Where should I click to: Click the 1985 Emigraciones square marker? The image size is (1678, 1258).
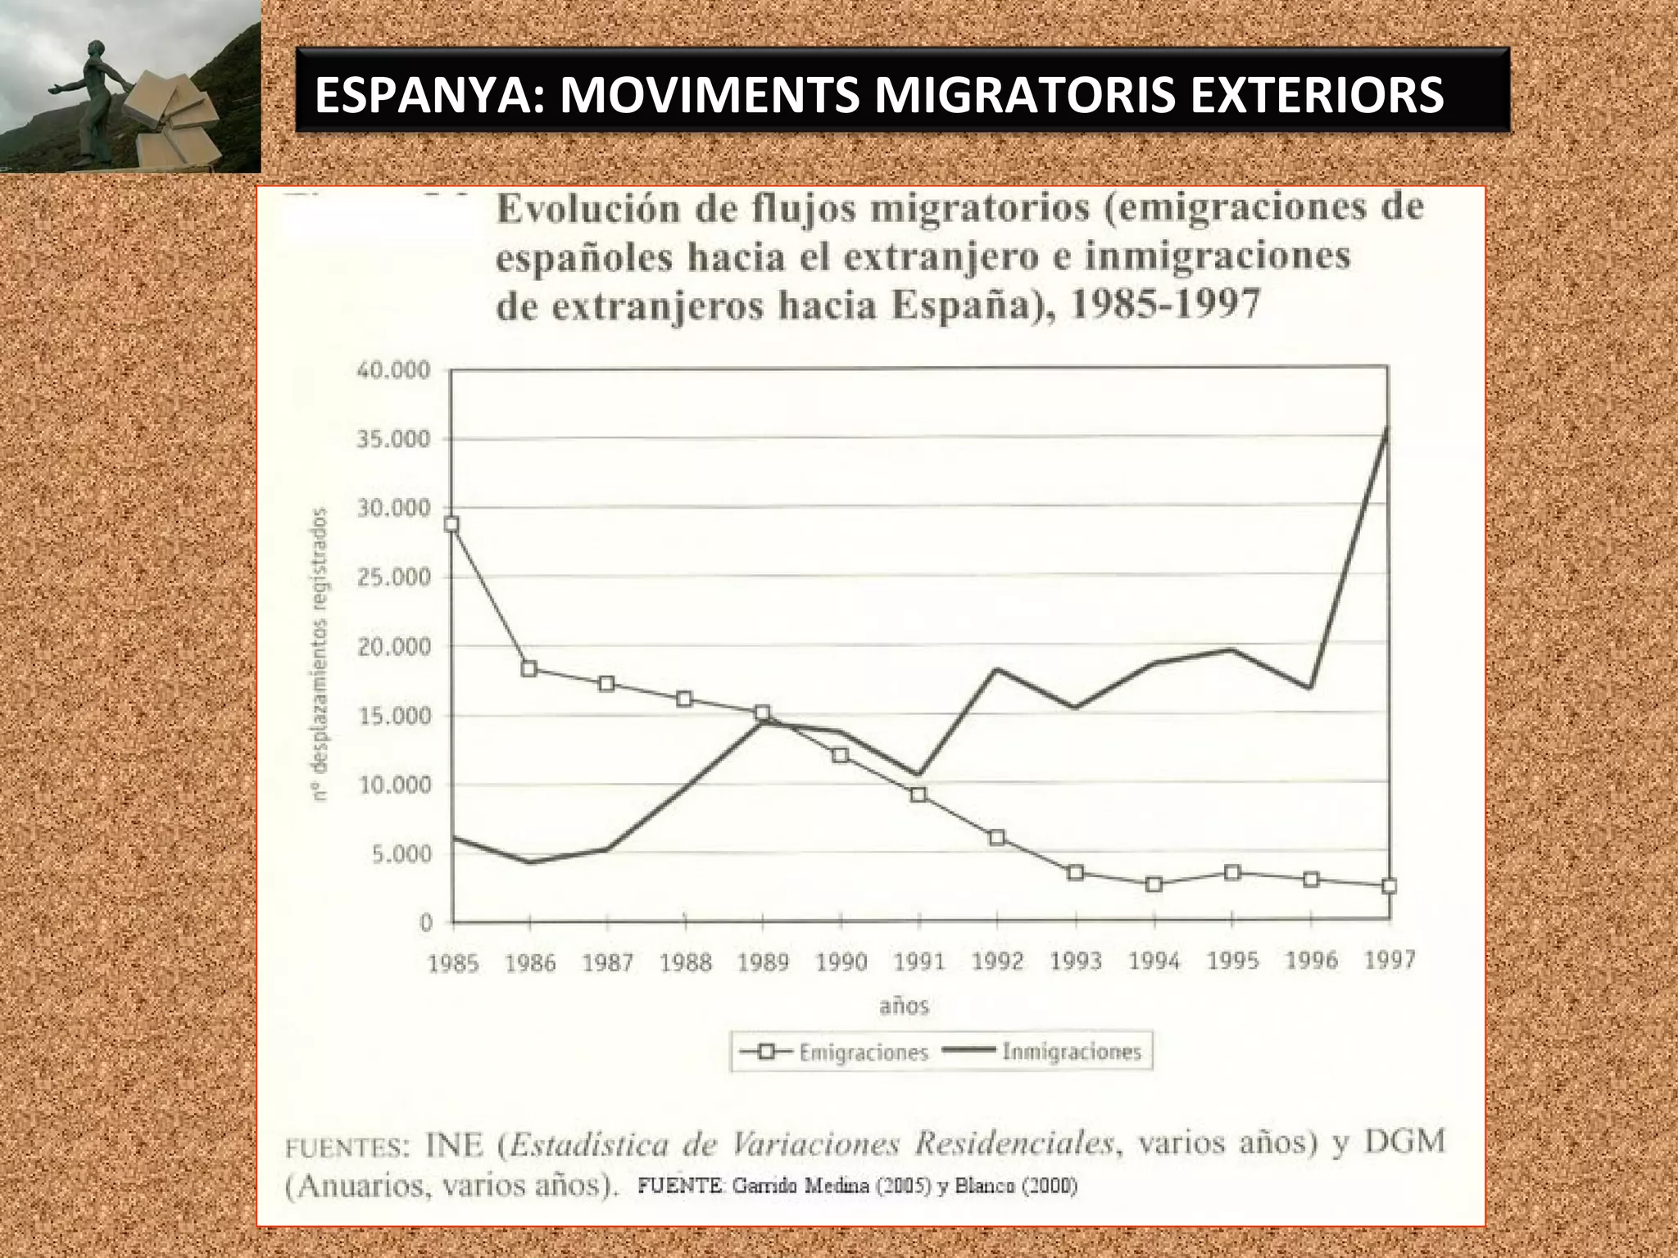click(451, 524)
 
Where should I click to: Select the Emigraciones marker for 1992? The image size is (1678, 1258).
click(996, 838)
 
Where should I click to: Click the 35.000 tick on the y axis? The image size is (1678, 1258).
click(392, 439)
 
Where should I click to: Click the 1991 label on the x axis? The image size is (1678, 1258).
click(919, 962)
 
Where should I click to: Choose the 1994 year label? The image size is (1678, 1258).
click(1154, 962)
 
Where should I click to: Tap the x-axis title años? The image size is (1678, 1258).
click(904, 1006)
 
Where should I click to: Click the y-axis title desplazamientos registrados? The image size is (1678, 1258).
click(322, 654)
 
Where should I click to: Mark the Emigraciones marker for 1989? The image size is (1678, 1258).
click(763, 713)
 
